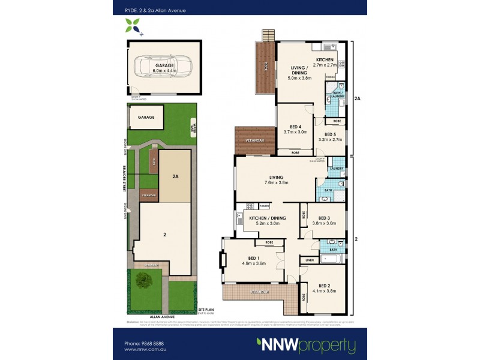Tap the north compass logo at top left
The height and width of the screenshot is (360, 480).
pyautogui.click(x=133, y=26)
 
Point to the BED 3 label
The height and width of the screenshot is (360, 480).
pyautogui.click(x=325, y=218)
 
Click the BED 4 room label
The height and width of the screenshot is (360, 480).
pyautogui.click(x=296, y=127)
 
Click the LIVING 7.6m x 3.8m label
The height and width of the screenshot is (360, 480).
pyautogui.click(x=276, y=180)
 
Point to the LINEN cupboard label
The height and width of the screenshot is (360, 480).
pyautogui.click(x=310, y=260)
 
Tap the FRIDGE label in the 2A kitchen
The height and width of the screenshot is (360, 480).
pyautogui.click(x=330, y=77)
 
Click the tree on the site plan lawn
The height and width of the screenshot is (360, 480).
pyautogui.click(x=143, y=279)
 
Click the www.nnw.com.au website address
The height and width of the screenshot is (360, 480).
pyautogui.click(x=144, y=350)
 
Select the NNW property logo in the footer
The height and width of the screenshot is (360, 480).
pyautogui.click(x=305, y=346)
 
